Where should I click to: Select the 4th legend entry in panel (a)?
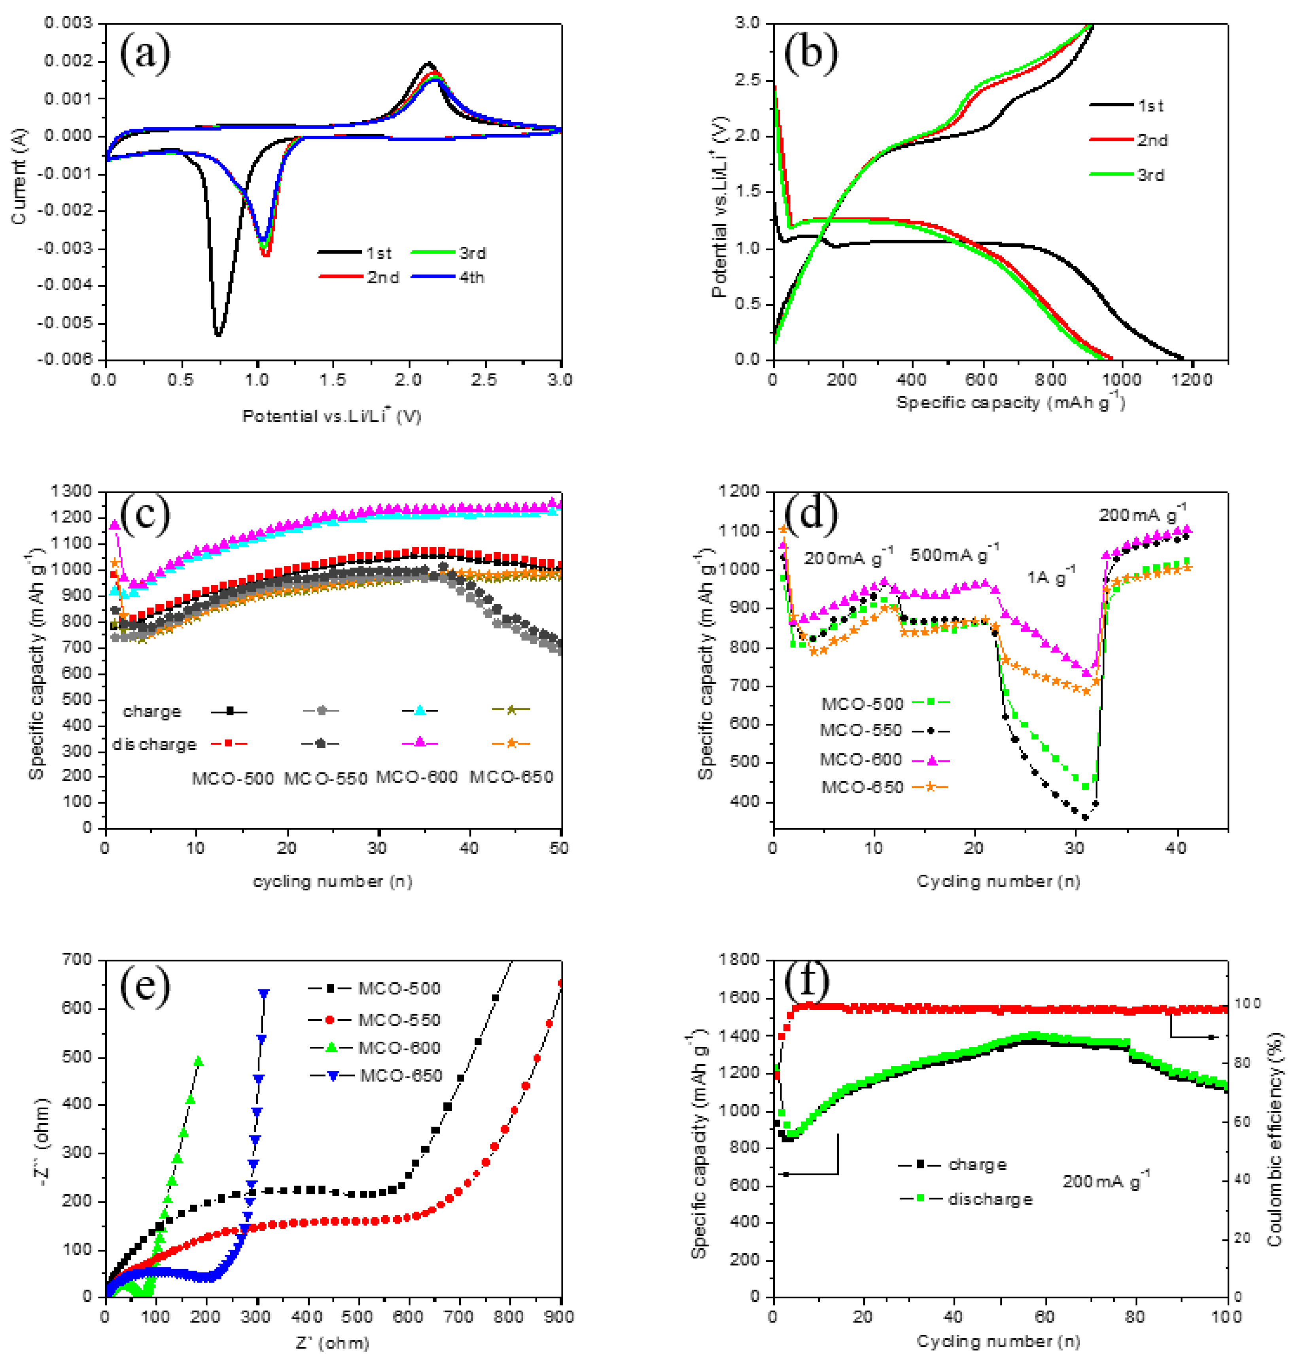click(448, 277)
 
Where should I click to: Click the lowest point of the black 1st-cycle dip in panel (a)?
click(218, 336)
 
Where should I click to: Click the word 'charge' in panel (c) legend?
click(152, 711)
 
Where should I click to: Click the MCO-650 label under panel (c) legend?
click(512, 777)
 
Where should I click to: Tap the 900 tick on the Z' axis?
click(560, 1317)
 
